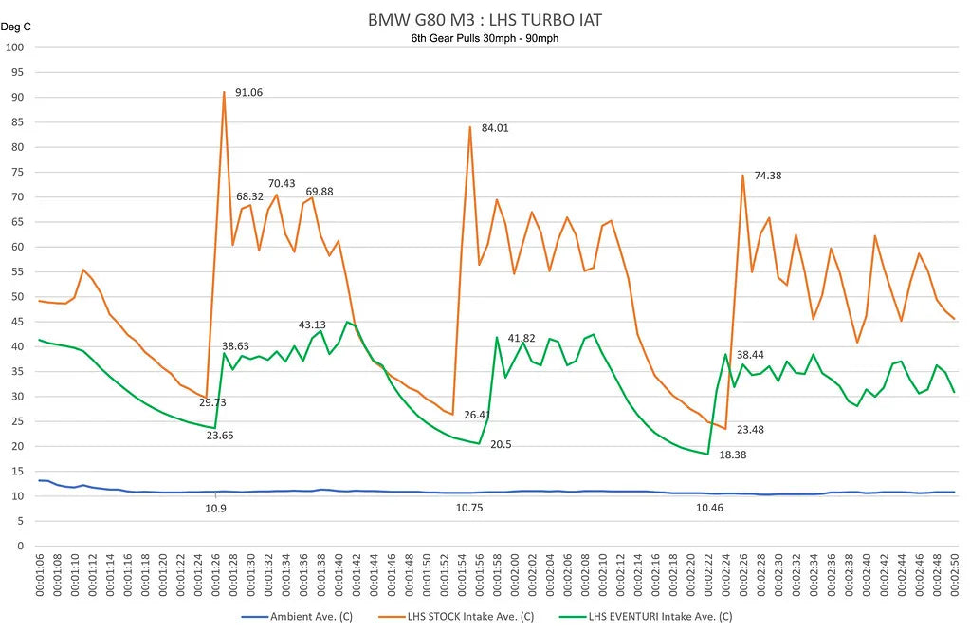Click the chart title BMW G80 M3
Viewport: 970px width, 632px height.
tap(485, 19)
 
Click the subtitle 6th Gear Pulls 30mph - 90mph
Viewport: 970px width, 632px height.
tap(485, 38)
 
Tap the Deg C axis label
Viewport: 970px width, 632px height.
tap(16, 27)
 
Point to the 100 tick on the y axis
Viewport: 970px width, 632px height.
tap(15, 47)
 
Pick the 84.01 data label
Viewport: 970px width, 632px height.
tap(495, 127)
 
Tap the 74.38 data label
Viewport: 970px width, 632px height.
tap(768, 176)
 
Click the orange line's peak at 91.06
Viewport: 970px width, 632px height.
tap(224, 92)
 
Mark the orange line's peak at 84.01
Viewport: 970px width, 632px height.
tap(469, 126)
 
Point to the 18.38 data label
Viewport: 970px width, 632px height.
tap(733, 455)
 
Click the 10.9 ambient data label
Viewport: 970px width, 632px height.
tap(215, 509)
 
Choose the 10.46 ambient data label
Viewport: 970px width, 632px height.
tap(709, 509)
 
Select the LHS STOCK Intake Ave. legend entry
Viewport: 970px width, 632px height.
tap(470, 617)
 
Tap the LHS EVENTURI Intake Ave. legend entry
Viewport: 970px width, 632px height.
tap(658, 617)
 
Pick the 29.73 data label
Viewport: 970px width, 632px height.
tap(211, 402)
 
